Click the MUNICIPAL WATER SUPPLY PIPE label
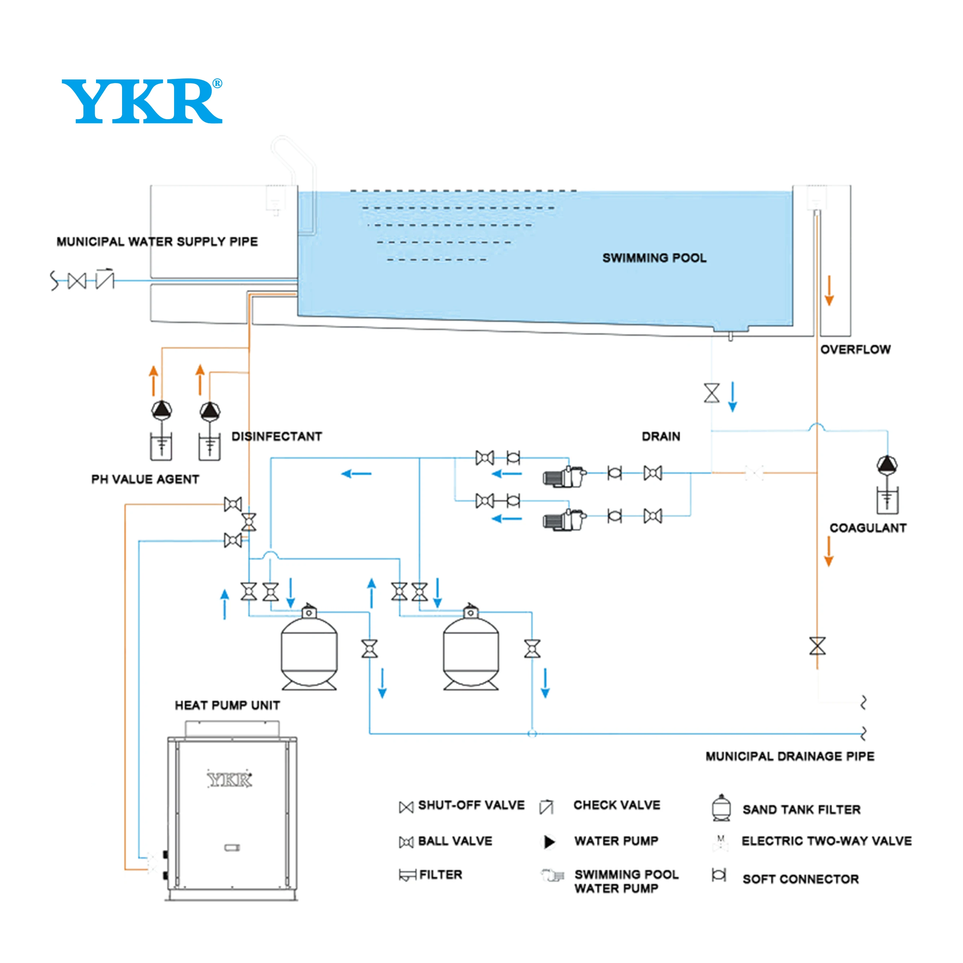(157, 242)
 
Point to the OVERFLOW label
(855, 350)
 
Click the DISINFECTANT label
(277, 436)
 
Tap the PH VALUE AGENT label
(145, 479)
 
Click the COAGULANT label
(868, 528)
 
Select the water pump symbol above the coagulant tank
(887, 465)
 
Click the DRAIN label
(661, 436)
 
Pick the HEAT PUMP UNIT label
(227, 705)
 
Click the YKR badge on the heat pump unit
(229, 780)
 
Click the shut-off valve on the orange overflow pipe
(817, 646)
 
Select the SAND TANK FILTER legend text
(802, 810)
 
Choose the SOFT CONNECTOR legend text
(801, 879)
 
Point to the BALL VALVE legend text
(455, 841)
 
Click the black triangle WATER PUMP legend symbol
(549, 842)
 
